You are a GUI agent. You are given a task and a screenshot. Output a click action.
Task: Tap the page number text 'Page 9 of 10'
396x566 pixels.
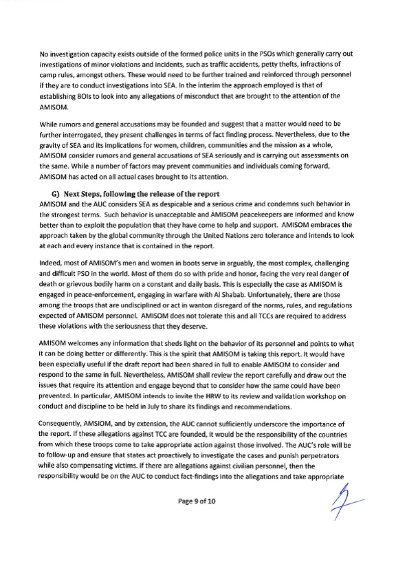pyautogui.click(x=197, y=501)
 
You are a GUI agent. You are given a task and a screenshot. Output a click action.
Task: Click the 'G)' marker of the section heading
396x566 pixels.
pyautogui.click(x=55, y=194)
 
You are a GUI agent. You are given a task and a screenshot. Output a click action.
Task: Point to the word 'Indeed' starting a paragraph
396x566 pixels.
pyautogui.click(x=49, y=263)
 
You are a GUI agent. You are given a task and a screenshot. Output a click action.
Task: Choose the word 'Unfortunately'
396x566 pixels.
pyautogui.click(x=273, y=295)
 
